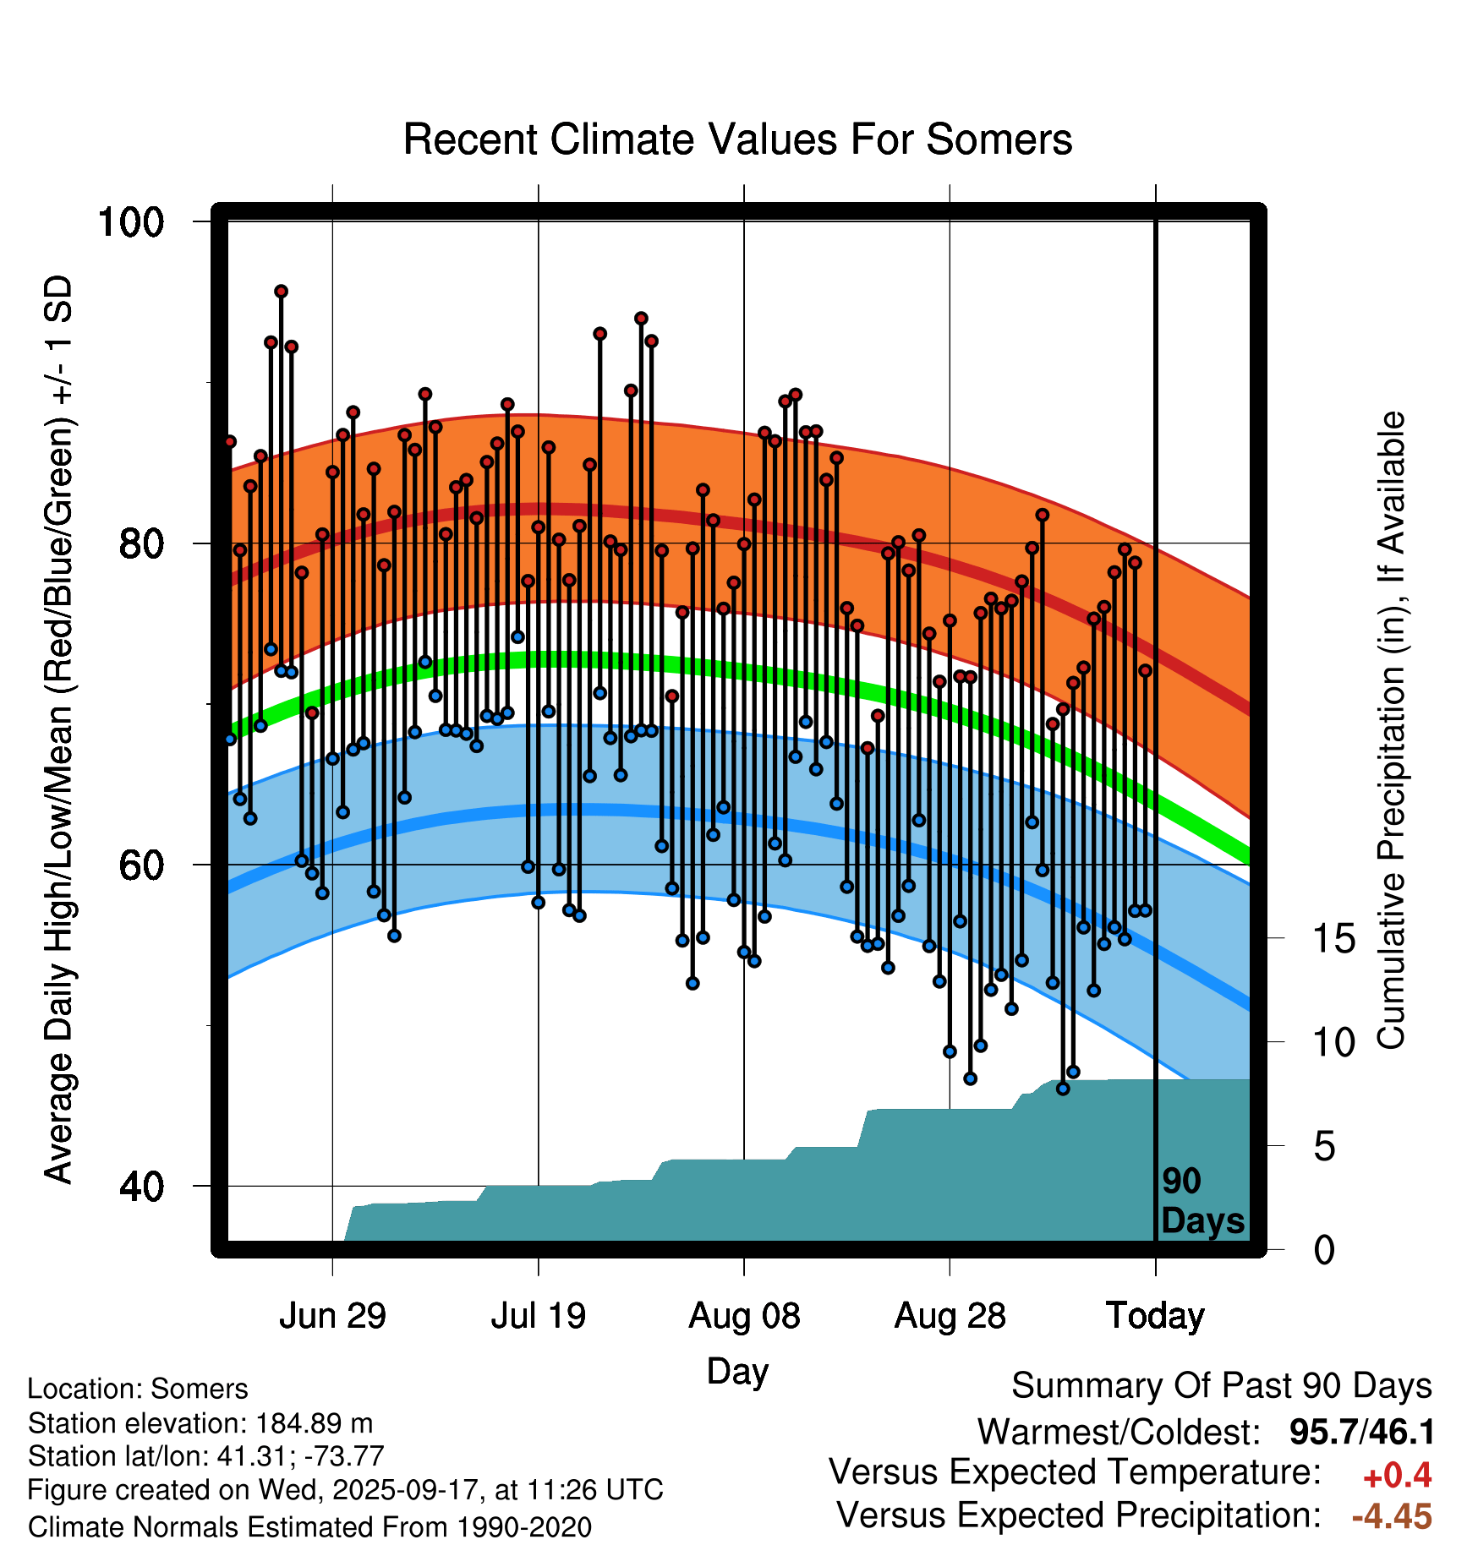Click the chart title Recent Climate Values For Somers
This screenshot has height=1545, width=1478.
(737, 139)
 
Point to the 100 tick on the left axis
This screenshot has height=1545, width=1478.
(130, 222)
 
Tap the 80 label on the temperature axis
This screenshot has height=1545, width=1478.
(141, 543)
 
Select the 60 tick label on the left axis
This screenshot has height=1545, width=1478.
(141, 865)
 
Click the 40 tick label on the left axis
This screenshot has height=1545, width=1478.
(141, 1187)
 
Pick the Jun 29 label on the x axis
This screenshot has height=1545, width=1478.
(332, 1316)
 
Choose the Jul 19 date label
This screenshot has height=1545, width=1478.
(538, 1316)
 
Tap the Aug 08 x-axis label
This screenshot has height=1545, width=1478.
(744, 1316)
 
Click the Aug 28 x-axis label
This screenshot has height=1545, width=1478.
(950, 1316)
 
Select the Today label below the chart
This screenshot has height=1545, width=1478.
(1155, 1316)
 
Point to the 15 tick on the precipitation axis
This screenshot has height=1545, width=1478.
(1333, 939)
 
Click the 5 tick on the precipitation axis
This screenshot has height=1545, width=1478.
(1324, 1147)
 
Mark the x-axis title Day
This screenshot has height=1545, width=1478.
(737, 1371)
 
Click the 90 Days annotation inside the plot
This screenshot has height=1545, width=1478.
(1202, 1201)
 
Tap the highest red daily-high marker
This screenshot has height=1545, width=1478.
(282, 292)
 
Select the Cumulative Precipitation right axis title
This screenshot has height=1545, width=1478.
(1391, 731)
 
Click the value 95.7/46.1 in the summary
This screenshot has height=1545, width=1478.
(1361, 1432)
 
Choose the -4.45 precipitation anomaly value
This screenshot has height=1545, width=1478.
(1392, 1516)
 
